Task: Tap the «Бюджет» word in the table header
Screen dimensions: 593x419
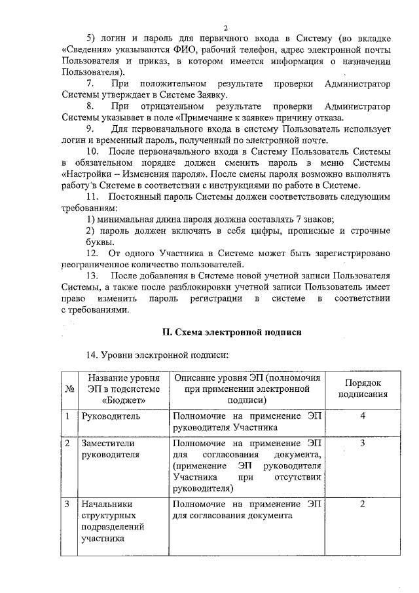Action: click(x=123, y=400)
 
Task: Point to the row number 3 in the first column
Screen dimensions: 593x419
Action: click(x=68, y=505)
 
